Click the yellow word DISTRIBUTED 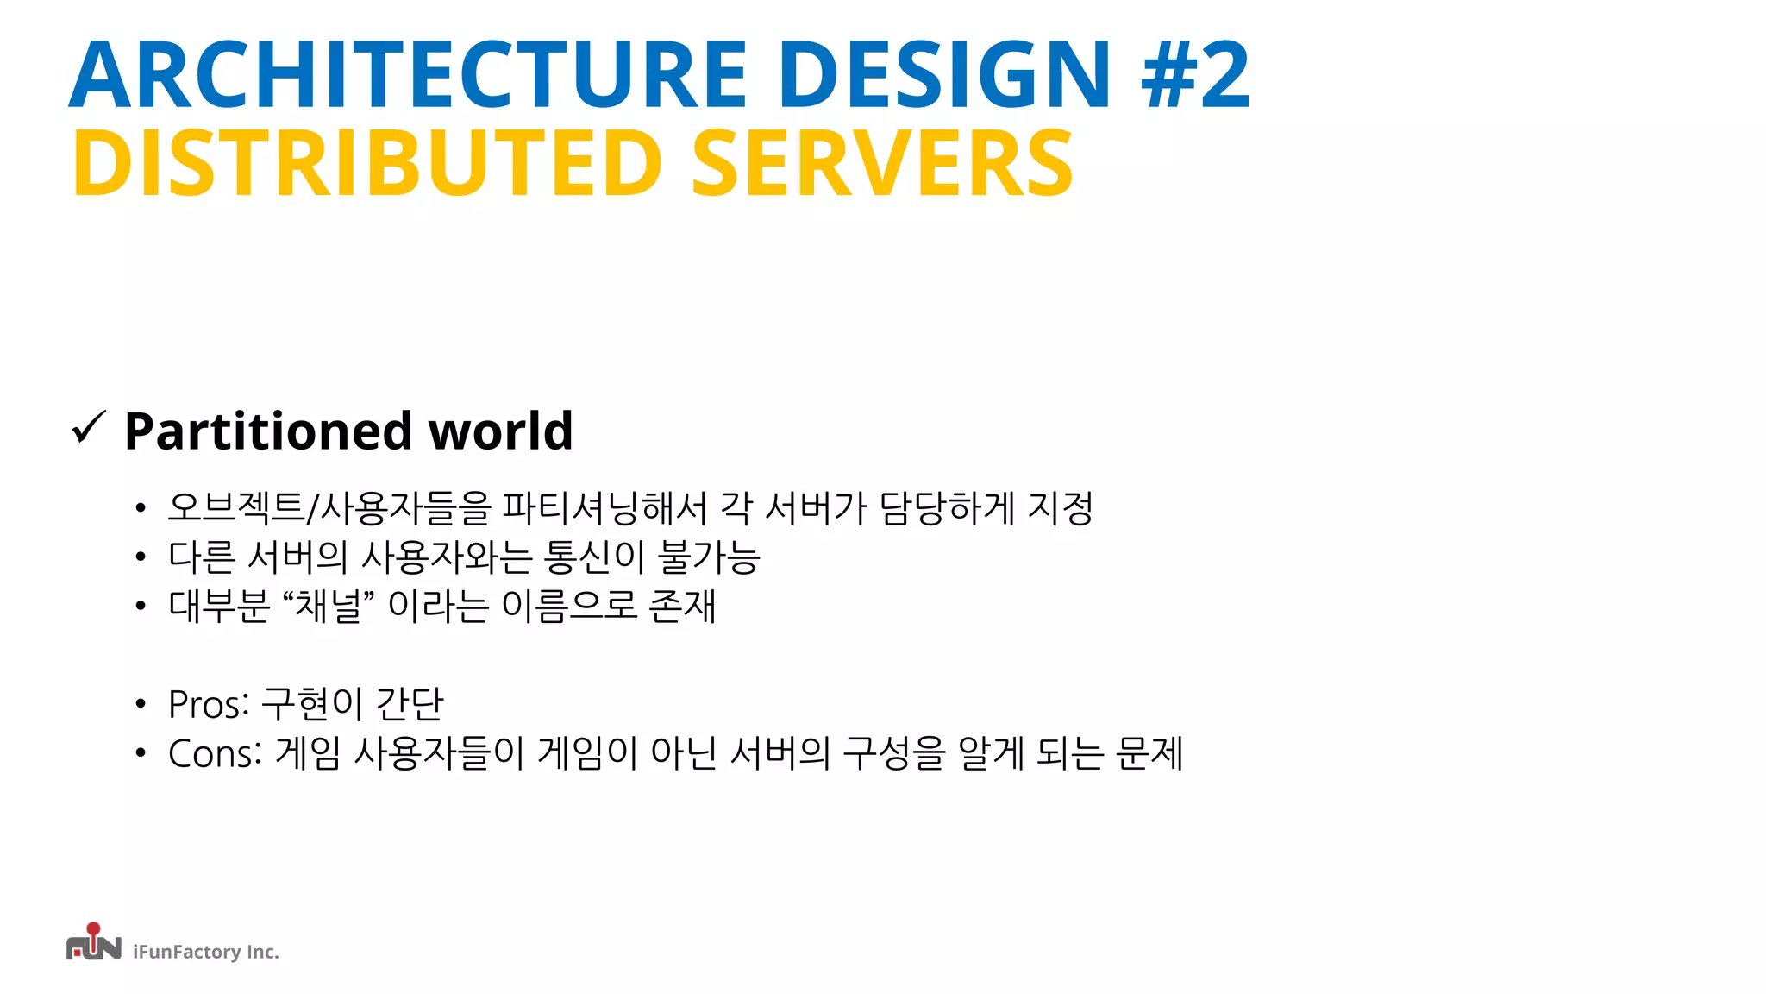tap(367, 163)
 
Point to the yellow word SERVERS tap(882, 163)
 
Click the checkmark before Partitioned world tap(88, 428)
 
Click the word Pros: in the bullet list tap(209, 704)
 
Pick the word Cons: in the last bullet tap(215, 753)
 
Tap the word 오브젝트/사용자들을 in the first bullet tap(329, 507)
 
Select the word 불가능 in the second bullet tap(708, 557)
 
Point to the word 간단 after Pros tap(410, 704)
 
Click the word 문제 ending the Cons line tap(1149, 753)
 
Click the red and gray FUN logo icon tap(93, 943)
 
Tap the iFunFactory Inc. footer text tap(206, 952)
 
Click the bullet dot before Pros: tap(141, 705)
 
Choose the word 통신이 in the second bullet tap(594, 557)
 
